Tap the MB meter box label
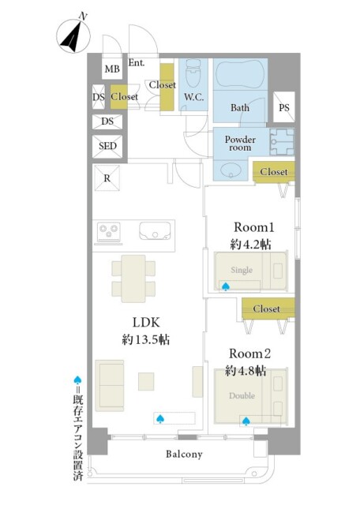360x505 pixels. [x=112, y=69]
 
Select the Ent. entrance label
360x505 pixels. [x=137, y=62]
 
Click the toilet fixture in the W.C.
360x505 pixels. [x=193, y=73]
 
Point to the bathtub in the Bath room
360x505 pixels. [x=240, y=75]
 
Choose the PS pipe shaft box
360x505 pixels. [x=284, y=107]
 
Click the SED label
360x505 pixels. [x=107, y=146]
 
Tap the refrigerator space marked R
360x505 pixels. [x=107, y=178]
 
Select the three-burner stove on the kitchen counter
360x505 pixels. [x=109, y=231]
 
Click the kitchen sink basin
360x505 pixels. [x=155, y=231]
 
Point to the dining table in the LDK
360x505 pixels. [x=133, y=279]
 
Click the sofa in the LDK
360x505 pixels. [x=110, y=386]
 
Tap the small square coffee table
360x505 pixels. [x=146, y=382]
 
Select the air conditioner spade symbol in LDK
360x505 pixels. [x=160, y=419]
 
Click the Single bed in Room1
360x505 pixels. [x=251, y=271]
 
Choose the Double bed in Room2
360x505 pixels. [x=251, y=396]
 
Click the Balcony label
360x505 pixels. [x=184, y=454]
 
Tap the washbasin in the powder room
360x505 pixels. [x=230, y=170]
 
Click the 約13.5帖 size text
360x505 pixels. [x=146, y=339]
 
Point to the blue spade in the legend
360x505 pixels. [x=77, y=380]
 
